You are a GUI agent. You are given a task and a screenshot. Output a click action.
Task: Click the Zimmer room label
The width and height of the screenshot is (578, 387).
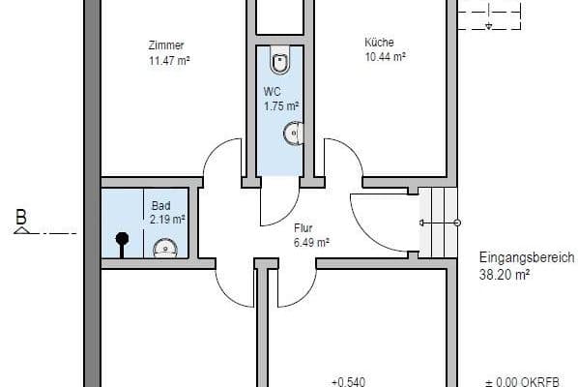click(x=166, y=45)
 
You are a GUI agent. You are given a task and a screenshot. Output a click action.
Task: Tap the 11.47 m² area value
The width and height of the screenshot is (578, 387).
click(x=169, y=60)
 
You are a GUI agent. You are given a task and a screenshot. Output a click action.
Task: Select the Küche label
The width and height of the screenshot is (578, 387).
click(x=379, y=42)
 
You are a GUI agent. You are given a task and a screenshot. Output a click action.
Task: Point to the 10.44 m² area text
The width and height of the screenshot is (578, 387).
click(x=386, y=57)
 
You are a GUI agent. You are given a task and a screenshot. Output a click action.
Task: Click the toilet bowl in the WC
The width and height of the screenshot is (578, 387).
click(x=280, y=59)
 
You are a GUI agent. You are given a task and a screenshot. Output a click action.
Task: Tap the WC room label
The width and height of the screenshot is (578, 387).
click(x=272, y=92)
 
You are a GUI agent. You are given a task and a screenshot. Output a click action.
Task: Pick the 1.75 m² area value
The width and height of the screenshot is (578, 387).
click(x=281, y=106)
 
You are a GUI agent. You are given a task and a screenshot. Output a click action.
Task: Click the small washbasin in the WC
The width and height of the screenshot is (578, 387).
click(x=294, y=133)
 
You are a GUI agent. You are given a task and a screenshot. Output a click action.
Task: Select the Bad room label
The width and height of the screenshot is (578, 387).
click(x=161, y=205)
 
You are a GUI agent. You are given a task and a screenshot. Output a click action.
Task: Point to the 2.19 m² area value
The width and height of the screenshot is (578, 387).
click(x=167, y=220)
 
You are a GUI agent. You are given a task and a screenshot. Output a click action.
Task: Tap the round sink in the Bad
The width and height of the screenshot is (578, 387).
click(x=165, y=249)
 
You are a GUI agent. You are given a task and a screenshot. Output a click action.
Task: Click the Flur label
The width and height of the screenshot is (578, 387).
click(x=303, y=228)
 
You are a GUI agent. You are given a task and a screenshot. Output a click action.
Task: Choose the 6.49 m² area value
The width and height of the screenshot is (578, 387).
click(x=311, y=243)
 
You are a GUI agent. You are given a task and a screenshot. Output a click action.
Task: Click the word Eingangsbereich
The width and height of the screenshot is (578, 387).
click(x=527, y=258)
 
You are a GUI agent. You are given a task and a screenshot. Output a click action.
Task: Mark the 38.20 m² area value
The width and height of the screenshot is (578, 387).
click(x=505, y=275)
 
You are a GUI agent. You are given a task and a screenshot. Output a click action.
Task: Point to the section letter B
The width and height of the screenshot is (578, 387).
click(x=21, y=217)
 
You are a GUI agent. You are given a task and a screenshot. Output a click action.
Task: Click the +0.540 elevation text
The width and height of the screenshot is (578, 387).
click(x=349, y=381)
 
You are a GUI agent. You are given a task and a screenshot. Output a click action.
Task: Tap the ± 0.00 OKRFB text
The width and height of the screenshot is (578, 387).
click(x=523, y=382)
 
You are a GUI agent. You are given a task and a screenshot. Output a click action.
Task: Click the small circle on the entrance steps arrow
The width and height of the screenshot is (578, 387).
click(x=457, y=223)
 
